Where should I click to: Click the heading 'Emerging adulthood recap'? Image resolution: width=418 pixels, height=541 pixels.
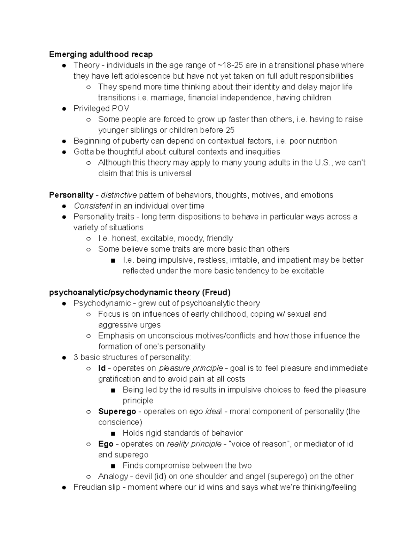click(x=101, y=54)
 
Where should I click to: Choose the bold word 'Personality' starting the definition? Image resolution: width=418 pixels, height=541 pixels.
click(x=71, y=195)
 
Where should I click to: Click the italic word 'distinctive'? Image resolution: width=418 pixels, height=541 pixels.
click(x=119, y=195)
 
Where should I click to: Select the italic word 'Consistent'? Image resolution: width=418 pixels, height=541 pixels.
click(x=93, y=206)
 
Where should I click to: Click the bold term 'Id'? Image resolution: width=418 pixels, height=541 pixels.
click(x=102, y=368)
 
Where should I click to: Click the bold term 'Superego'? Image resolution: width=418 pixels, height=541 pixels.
click(x=117, y=411)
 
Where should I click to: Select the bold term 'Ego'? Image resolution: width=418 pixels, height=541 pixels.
click(x=106, y=444)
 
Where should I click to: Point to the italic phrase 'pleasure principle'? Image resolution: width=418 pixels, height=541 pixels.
click(x=191, y=368)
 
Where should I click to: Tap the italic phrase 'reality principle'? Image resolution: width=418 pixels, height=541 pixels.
click(x=194, y=444)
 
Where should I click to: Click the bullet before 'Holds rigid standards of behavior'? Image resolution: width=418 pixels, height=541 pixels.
click(x=113, y=433)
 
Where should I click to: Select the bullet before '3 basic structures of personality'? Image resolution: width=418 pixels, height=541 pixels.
click(x=64, y=357)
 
